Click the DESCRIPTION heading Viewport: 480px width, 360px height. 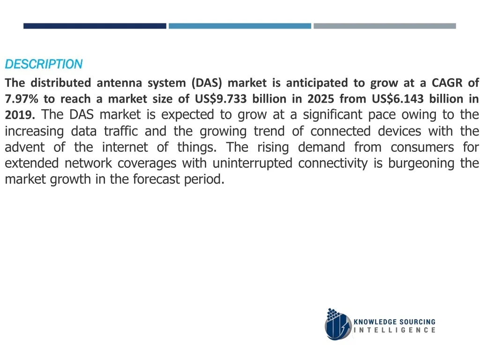pos(44,64)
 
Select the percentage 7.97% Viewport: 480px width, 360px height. pos(22,99)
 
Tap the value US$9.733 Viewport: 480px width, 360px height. pos(221,99)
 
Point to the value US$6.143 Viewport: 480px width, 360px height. pos(397,99)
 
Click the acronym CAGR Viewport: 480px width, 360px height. pos(447,83)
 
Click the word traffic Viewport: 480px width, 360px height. pos(121,131)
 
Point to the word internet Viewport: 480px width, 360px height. pos(125,147)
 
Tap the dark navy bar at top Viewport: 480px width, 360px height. pos(95,26)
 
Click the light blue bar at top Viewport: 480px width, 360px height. pos(240,26)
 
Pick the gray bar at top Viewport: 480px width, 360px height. pos(385,26)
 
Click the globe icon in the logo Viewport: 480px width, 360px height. pos(338,324)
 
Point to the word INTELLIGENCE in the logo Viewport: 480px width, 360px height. pos(395,330)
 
